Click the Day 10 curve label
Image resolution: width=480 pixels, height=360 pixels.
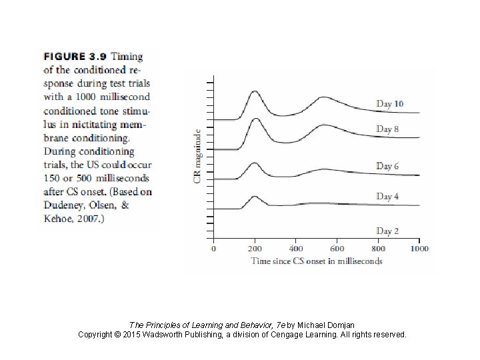pyautogui.click(x=390, y=103)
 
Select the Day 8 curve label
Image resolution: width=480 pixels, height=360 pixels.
pyautogui.click(x=387, y=129)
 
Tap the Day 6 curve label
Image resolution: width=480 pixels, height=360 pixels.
pyautogui.click(x=387, y=166)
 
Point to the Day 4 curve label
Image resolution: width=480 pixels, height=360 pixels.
pyautogui.click(x=387, y=196)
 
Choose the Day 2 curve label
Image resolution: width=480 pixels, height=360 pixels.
pyautogui.click(x=387, y=231)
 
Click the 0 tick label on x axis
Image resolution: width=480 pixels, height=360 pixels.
pyautogui.click(x=213, y=249)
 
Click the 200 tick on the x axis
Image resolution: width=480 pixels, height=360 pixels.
pyautogui.click(x=254, y=249)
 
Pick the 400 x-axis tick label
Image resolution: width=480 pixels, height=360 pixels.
pyautogui.click(x=295, y=249)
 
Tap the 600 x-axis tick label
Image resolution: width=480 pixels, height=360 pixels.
pyautogui.click(x=337, y=249)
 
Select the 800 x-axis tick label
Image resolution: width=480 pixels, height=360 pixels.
pyautogui.click(x=378, y=249)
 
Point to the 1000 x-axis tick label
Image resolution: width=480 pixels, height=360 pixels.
pyautogui.click(x=419, y=249)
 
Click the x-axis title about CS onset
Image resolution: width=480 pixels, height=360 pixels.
pyautogui.click(x=317, y=261)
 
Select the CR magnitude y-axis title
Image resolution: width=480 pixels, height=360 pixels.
pyautogui.click(x=198, y=157)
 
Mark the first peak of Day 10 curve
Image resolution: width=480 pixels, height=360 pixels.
pyautogui.click(x=254, y=92)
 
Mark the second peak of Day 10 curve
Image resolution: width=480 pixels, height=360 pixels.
pyautogui.click(x=323, y=98)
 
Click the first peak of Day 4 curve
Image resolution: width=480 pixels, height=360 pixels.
pyautogui.click(x=254, y=197)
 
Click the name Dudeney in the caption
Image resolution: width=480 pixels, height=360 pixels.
pyautogui.click(x=63, y=205)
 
